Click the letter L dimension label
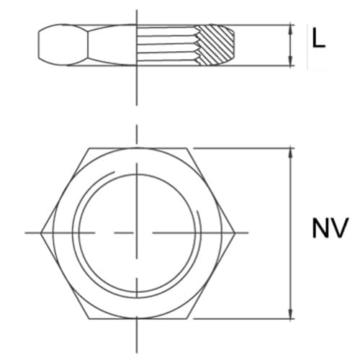[x=318, y=38]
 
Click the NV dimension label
[x=330, y=228]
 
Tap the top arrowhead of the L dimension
[x=290, y=29]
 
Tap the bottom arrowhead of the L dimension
[x=290, y=63]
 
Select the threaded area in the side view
[x=167, y=46]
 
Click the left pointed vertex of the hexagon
[x=41, y=233]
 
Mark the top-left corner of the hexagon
[x=89, y=149]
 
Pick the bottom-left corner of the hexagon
[x=89, y=318]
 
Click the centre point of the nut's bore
[x=138, y=233]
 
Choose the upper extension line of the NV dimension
[x=241, y=149]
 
